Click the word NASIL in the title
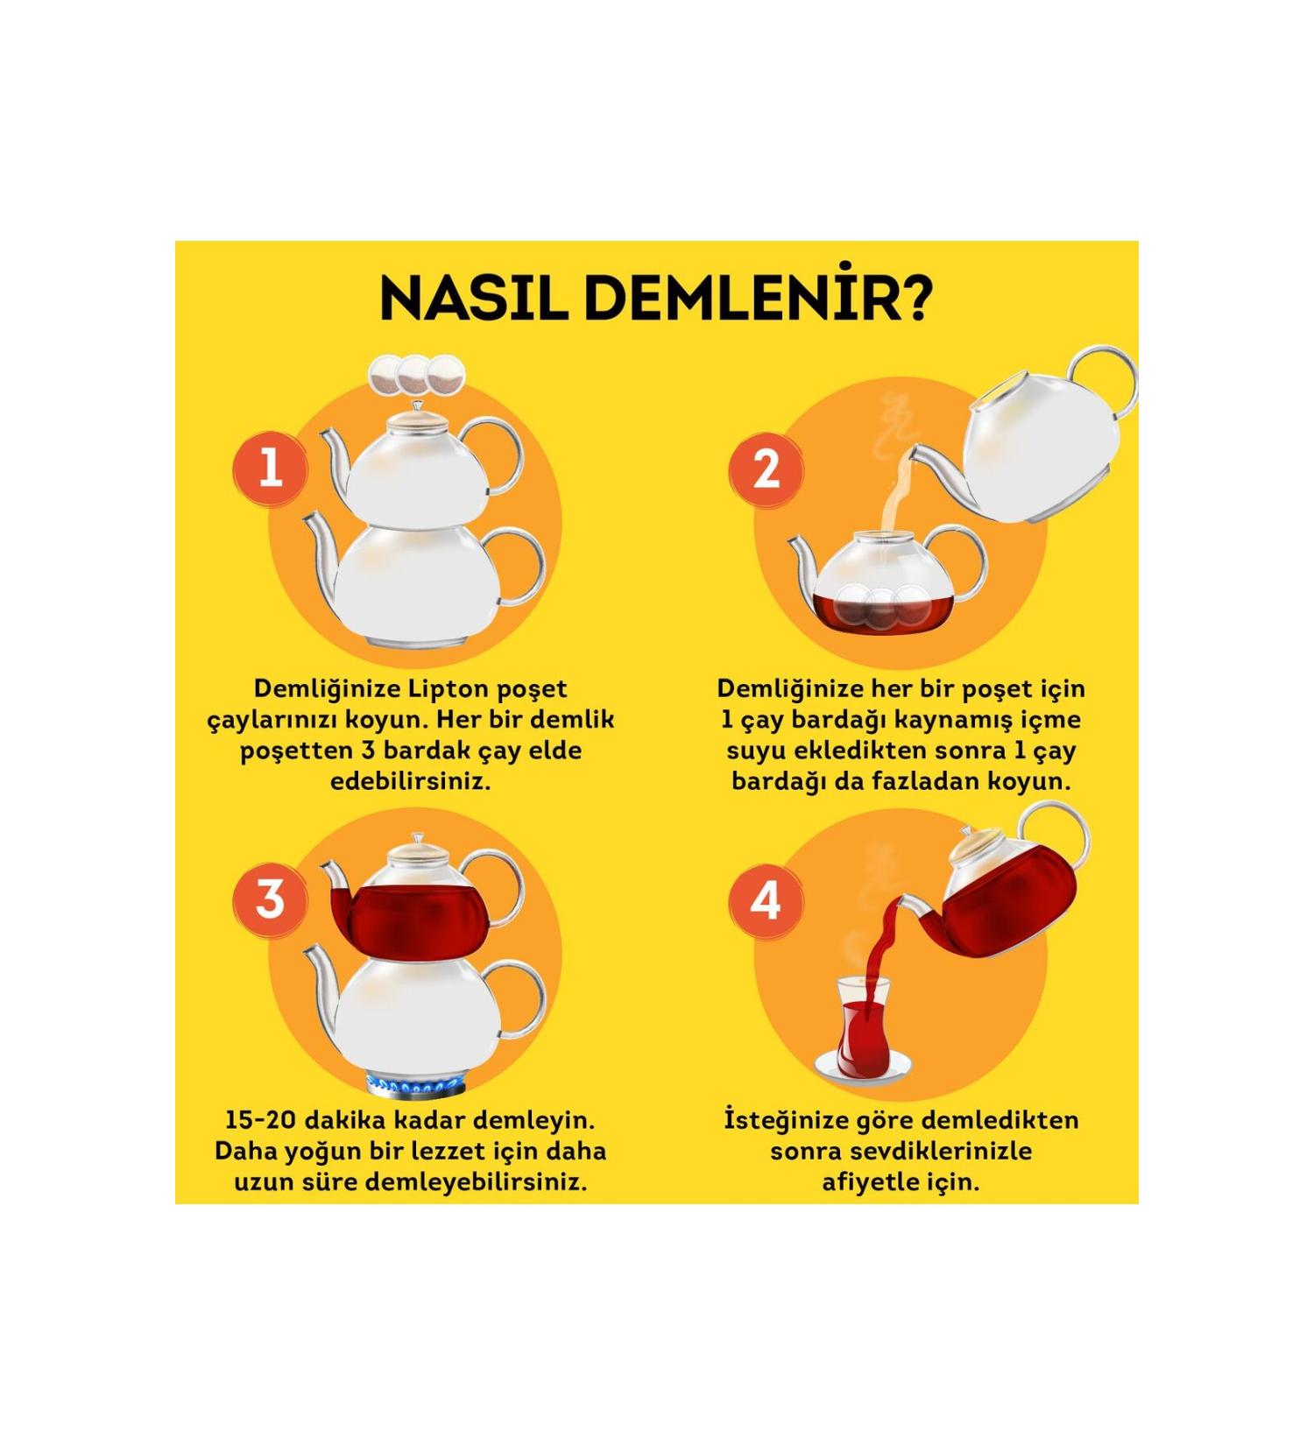[x=473, y=300]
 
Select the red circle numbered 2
[x=766, y=469]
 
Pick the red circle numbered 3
[x=270, y=899]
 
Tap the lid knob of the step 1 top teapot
[x=417, y=406]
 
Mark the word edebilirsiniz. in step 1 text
[x=410, y=781]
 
